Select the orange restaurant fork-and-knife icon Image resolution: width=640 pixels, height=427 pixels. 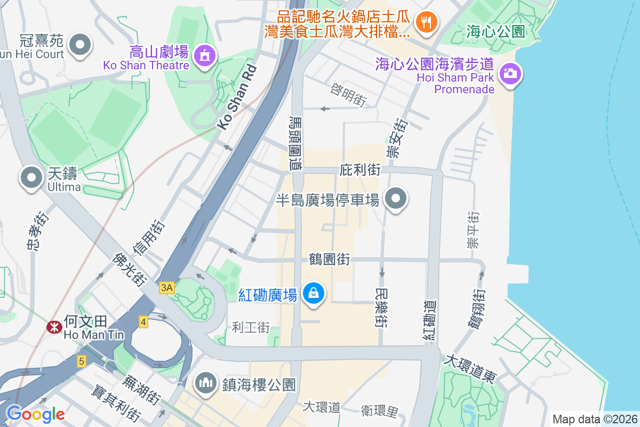pyautogui.click(x=426, y=22)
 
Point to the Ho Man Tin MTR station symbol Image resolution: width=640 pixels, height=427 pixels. pyautogui.click(x=54, y=327)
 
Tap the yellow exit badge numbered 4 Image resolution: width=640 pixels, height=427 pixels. pyautogui.click(x=143, y=321)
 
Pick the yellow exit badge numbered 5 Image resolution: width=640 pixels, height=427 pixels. pyautogui.click(x=81, y=361)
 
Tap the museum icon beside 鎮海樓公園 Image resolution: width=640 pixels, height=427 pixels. pyautogui.click(x=205, y=383)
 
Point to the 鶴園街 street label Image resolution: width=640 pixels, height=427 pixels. pyautogui.click(x=330, y=259)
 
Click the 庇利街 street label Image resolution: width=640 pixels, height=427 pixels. pyautogui.click(x=360, y=170)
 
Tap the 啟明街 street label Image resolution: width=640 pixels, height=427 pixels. pyautogui.click(x=349, y=94)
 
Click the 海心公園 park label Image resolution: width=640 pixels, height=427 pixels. pyautogui.click(x=495, y=31)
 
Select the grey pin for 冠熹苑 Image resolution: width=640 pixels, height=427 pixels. pyautogui.click(x=81, y=45)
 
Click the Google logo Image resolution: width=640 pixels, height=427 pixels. pyautogui.click(x=35, y=414)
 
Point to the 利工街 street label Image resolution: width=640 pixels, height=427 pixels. pyautogui.click(x=251, y=327)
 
